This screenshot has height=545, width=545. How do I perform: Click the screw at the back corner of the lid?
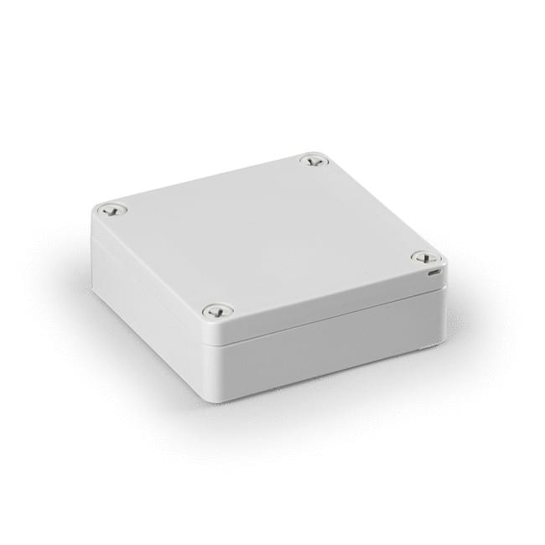(x=314, y=159)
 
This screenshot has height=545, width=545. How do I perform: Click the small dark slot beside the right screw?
(x=433, y=272)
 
